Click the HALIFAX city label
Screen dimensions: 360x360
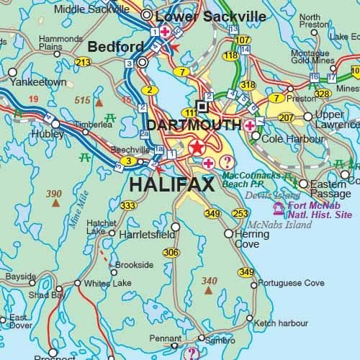click(x=171, y=185)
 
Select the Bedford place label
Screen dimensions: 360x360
click(x=115, y=47)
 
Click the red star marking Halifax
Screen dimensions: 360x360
click(x=197, y=148)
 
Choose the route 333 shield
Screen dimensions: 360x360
click(x=128, y=206)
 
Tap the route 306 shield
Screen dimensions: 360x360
click(x=171, y=252)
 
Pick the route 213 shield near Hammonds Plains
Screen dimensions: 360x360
click(x=84, y=63)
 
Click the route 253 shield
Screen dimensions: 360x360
click(x=240, y=213)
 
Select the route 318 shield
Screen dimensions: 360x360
click(x=248, y=85)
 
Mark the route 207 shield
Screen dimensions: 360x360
click(x=286, y=117)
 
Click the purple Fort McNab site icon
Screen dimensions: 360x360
click(x=278, y=208)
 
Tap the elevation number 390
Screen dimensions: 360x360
click(x=54, y=194)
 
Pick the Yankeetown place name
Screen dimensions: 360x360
click(x=37, y=82)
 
